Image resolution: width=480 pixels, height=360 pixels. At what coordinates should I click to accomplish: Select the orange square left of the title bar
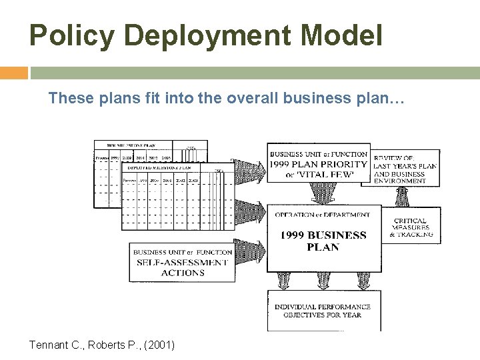pos(14,73)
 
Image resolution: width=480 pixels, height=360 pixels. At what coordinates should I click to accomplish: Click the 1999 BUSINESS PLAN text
pos(323,241)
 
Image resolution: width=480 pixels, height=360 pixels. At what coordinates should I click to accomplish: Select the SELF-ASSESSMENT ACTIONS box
pos(182,262)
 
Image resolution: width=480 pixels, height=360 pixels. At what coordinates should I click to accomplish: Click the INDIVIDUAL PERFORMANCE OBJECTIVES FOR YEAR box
pos(322,310)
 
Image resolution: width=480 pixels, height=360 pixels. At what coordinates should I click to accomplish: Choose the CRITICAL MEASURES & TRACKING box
pos(411,227)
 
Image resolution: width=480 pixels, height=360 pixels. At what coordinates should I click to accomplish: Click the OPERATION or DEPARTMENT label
pos(323,214)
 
